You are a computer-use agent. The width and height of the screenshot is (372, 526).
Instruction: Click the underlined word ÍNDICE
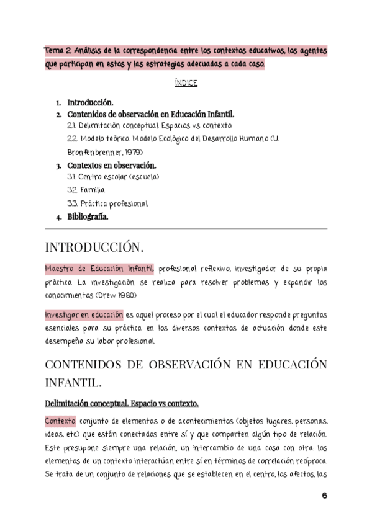[x=186, y=83]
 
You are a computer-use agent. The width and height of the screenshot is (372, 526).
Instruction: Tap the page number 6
[x=324, y=496]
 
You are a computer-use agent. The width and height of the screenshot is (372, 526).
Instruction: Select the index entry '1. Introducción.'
[x=90, y=102]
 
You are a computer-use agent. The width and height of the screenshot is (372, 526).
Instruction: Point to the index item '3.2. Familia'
[x=86, y=190]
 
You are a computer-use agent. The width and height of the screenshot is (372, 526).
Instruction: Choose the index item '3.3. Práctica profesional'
[x=107, y=203]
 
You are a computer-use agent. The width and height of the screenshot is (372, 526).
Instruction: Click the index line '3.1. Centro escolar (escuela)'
[x=113, y=177]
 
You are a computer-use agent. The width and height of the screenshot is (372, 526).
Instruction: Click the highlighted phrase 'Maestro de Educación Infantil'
[x=99, y=269]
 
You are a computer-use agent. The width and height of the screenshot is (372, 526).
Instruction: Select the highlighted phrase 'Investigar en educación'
[x=83, y=315]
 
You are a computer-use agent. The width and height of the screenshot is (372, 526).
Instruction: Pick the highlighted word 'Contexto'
[x=60, y=421]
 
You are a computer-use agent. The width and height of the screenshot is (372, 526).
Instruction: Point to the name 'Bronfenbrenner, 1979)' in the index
[x=105, y=152]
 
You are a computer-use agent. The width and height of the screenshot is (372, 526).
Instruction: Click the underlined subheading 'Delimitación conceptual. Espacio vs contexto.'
[x=121, y=404]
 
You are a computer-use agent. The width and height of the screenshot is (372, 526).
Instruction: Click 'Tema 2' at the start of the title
[x=56, y=50]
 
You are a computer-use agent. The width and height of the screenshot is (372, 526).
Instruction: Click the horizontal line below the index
[x=186, y=228]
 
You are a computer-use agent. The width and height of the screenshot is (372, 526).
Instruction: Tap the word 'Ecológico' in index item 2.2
[x=175, y=139]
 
